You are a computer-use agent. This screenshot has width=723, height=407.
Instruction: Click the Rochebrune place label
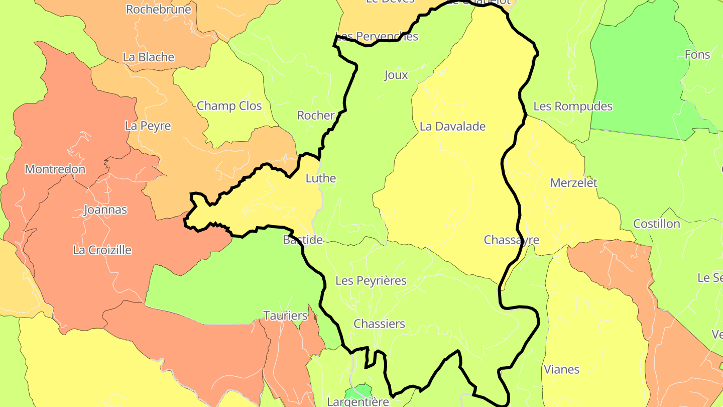coord(158,10)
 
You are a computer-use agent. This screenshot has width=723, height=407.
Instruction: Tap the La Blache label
coord(148,57)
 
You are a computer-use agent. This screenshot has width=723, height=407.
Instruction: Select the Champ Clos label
coord(229,106)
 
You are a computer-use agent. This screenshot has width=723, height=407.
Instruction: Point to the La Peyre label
coord(148,126)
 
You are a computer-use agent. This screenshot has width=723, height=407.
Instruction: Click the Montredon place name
coord(55,169)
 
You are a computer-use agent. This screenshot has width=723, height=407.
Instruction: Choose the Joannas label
coord(105,210)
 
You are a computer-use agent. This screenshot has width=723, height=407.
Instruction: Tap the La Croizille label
coord(102,250)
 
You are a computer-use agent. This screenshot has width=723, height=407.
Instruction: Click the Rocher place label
coord(315,116)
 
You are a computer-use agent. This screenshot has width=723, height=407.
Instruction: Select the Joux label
coord(396,75)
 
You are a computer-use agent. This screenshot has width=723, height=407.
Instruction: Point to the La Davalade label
coord(452,126)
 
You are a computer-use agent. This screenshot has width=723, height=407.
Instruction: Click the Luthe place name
coord(320,178)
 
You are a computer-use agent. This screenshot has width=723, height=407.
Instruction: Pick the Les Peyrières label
coord(371,281)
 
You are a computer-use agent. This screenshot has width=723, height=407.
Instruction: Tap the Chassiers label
coord(379,324)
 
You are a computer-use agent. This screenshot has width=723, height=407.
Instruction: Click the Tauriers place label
coord(285,316)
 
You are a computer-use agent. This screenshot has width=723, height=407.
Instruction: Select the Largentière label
coord(357,401)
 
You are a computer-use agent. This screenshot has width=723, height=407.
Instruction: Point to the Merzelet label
coord(573,183)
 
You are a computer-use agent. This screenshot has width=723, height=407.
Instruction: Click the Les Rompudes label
coord(572,107)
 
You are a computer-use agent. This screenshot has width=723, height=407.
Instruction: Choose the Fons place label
coord(697,55)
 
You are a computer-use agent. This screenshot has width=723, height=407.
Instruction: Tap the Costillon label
coord(656,224)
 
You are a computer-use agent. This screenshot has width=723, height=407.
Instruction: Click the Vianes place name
coord(561,370)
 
